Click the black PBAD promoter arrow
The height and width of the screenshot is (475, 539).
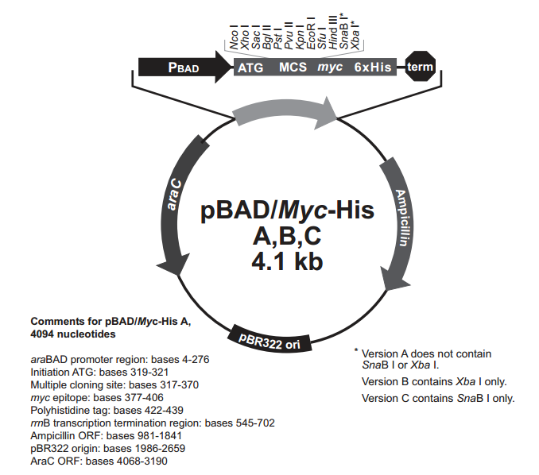[x=184, y=68]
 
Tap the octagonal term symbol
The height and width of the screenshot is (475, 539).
[x=420, y=66]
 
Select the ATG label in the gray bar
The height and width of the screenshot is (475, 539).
[x=250, y=68]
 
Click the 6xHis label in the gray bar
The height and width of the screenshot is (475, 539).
[x=373, y=67]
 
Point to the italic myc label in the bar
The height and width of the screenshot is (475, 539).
[x=330, y=67]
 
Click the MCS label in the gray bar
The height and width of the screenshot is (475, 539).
[x=293, y=67]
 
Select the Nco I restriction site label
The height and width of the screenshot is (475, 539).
[x=234, y=37]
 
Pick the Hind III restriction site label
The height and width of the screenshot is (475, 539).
[x=333, y=32]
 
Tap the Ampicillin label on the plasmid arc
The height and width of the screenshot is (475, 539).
[x=401, y=218]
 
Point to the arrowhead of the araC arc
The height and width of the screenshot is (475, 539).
[x=174, y=265]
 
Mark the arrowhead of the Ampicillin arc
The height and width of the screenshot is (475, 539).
[x=394, y=279]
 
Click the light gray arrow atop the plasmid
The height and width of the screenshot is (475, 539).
[x=285, y=114]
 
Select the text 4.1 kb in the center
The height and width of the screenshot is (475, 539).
[x=287, y=261]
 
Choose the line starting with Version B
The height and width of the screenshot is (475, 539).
[x=434, y=381]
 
